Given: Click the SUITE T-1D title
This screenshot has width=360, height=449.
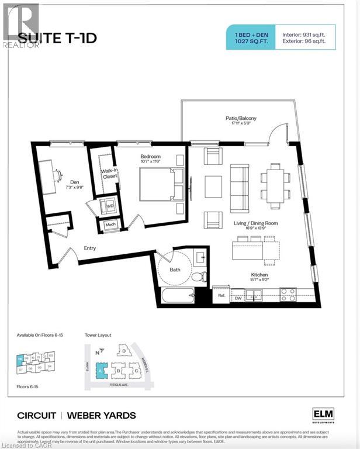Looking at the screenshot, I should tap(57, 39).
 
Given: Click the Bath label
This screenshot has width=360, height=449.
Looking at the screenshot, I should tap(175, 270).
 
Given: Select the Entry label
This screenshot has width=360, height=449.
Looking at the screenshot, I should tap(89, 248).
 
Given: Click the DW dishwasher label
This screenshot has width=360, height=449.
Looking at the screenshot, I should tap(238, 299).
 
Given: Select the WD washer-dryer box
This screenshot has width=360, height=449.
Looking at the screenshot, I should tap(109, 206).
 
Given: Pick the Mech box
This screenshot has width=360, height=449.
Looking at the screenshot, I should tap(110, 225).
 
